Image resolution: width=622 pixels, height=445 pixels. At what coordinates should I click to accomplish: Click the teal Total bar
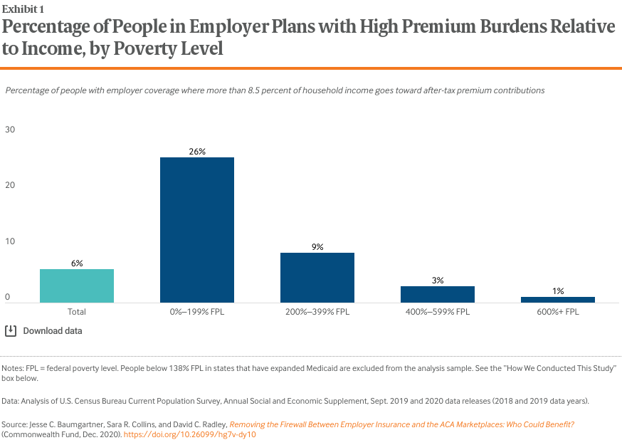coord(77,286)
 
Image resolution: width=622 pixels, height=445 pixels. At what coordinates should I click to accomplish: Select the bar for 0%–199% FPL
coord(197,230)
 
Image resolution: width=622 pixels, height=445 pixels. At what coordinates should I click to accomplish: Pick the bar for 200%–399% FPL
coord(317,278)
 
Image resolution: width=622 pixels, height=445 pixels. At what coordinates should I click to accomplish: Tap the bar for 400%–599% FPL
coord(438,294)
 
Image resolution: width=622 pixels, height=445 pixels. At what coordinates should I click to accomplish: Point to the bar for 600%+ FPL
coord(558,300)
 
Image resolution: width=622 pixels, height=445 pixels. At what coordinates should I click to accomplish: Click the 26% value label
coord(197,152)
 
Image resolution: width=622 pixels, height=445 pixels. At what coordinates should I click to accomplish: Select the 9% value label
coord(317,247)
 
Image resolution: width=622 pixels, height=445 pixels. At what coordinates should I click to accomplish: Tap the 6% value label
coord(77,263)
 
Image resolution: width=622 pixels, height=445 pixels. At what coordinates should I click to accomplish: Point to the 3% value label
coord(438,281)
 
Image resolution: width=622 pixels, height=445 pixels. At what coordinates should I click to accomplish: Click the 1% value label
coord(558,291)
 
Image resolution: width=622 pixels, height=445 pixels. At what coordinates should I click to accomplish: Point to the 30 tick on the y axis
coord(10,130)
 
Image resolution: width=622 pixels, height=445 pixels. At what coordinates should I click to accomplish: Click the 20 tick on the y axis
coord(10,185)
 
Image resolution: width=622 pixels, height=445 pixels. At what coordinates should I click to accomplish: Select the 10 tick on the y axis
coord(10,241)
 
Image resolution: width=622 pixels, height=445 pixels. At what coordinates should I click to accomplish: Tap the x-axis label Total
coord(77,312)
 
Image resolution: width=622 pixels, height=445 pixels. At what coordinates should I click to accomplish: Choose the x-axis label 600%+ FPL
coord(558,312)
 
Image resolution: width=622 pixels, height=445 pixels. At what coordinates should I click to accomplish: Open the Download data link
coord(52,331)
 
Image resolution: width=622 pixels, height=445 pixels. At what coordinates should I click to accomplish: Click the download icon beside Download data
coord(11,330)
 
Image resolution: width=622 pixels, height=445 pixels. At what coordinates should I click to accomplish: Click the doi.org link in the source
coord(189,434)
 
